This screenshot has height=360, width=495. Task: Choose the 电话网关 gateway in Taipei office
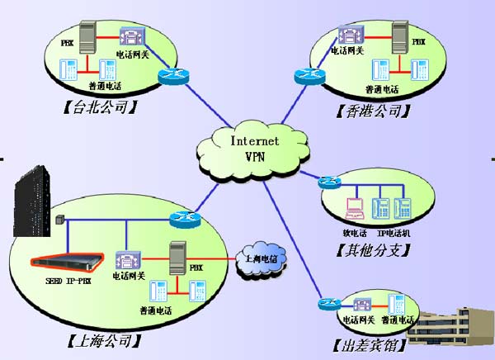tap(131, 36)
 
